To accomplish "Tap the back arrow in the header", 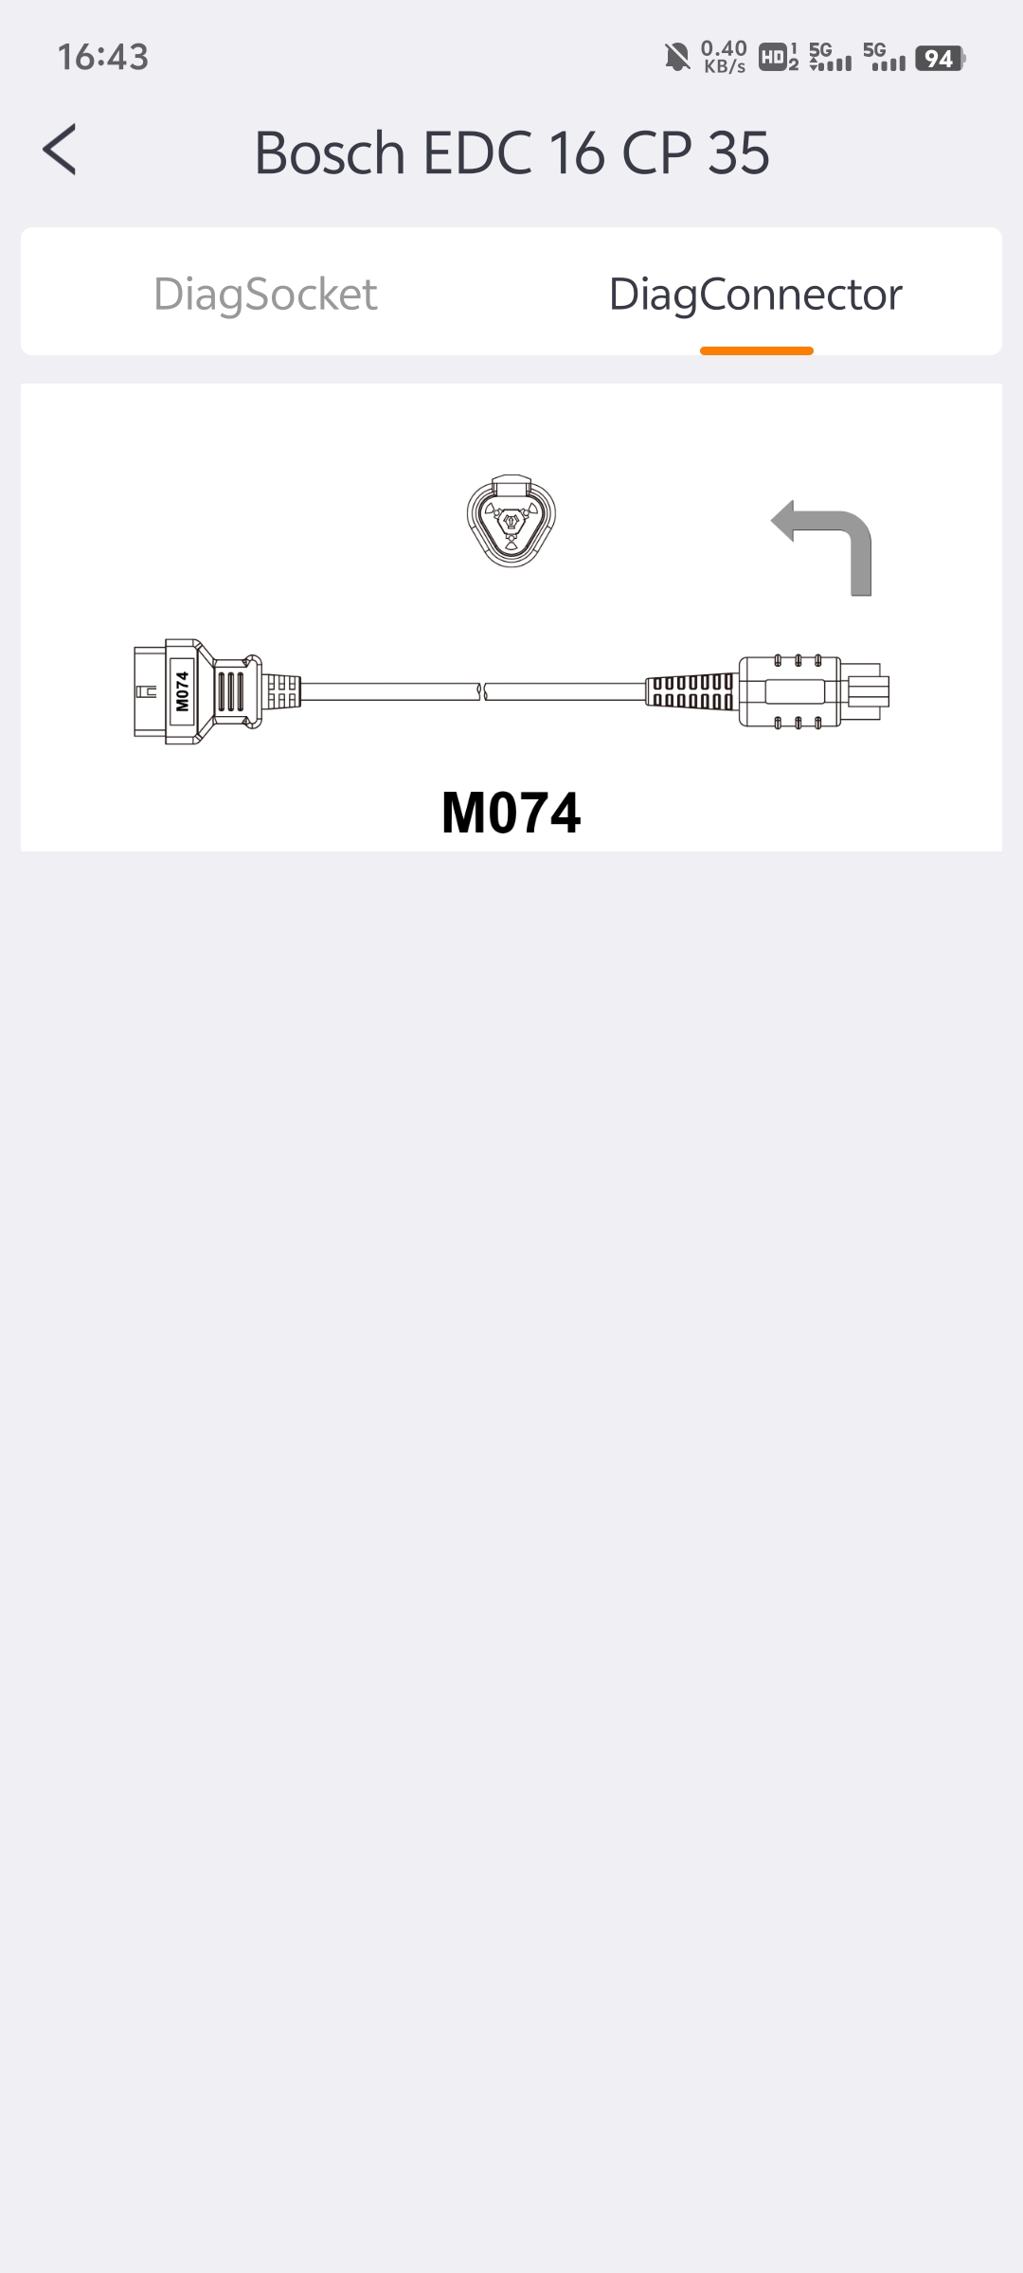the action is pyautogui.click(x=60, y=150).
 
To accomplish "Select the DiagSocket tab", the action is pyautogui.click(x=265, y=295).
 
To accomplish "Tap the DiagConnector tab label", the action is pyautogui.click(x=756, y=295).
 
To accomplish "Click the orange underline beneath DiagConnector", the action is pyautogui.click(x=757, y=351).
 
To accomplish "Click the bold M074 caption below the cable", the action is pyautogui.click(x=511, y=813).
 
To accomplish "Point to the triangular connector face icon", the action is pyautogui.click(x=511, y=520).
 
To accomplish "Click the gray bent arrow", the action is pyautogui.click(x=822, y=547).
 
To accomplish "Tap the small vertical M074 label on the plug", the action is pyautogui.click(x=182, y=691).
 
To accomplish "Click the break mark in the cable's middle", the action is pyautogui.click(x=483, y=692).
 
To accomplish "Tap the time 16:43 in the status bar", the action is pyautogui.click(x=103, y=58).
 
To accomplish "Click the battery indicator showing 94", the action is pyautogui.click(x=940, y=59).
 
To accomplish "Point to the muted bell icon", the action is pyautogui.click(x=677, y=58).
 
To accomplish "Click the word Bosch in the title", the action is pyautogui.click(x=330, y=152).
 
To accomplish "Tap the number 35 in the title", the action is pyautogui.click(x=739, y=152).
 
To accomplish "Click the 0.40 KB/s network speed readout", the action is pyautogui.click(x=725, y=57).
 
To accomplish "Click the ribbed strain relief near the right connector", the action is pyautogui.click(x=691, y=691).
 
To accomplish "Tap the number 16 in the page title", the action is pyautogui.click(x=577, y=152).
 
